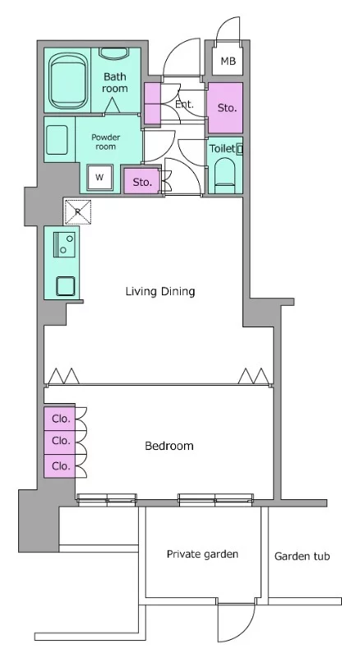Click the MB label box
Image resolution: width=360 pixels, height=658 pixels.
[228, 60]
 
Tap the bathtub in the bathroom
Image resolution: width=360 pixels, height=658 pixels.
[69, 81]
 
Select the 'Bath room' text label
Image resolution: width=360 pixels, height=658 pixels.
[114, 82]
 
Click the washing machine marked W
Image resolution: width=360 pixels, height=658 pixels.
[99, 177]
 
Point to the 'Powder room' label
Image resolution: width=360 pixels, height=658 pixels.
[106, 141]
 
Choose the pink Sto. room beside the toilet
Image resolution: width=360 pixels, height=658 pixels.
[225, 109]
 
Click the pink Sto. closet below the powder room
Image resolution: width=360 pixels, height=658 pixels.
[142, 181]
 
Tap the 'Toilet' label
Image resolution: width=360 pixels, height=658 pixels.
[222, 149]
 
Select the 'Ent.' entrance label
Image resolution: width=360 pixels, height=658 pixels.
[185, 104]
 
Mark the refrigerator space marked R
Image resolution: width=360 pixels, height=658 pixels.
[77, 212]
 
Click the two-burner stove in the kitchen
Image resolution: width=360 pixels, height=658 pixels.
[65, 243]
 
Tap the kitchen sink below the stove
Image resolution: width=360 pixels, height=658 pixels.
[66, 286]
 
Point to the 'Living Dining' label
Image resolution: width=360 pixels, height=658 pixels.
[160, 291]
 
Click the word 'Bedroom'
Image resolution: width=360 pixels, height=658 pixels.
[169, 445]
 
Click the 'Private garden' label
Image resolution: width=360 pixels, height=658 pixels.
[202, 554]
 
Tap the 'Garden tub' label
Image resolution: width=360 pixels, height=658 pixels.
[302, 557]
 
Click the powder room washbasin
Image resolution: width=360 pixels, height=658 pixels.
[58, 140]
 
